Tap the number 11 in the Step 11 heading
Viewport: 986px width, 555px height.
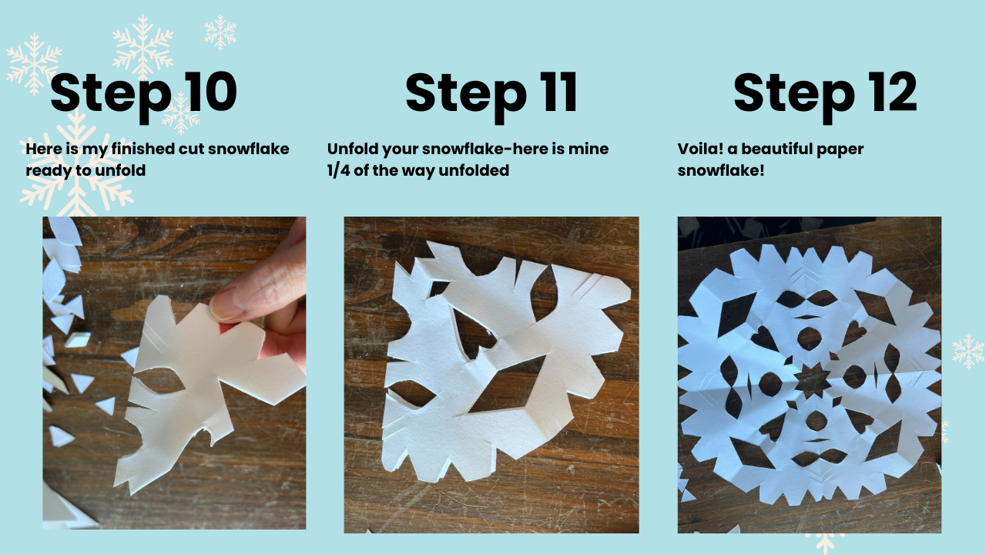[559, 92]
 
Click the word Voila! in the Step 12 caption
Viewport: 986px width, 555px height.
[700, 149]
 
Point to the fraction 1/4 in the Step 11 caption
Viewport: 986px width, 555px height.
[338, 170]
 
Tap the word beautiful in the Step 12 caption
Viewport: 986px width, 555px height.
[777, 149]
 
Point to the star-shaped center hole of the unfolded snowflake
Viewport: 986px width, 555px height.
[811, 380]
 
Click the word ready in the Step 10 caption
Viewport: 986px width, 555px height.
[49, 171]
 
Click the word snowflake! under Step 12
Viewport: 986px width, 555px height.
[721, 170]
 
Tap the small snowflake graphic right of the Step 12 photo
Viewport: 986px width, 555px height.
[968, 351]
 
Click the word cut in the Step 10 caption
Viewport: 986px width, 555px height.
[192, 150]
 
